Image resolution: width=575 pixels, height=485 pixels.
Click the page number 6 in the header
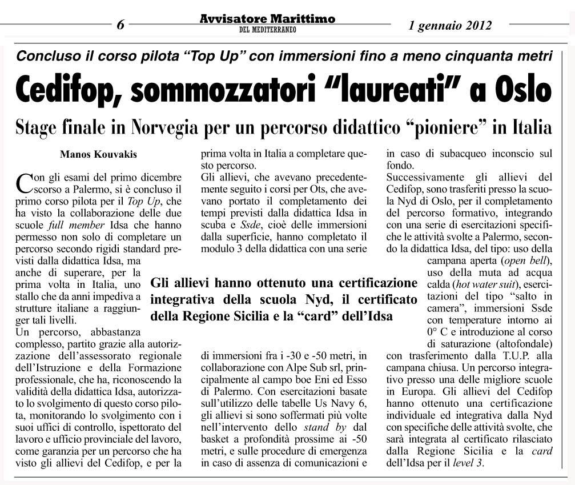point(120,25)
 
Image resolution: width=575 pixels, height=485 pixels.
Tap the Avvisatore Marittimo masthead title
point(267,19)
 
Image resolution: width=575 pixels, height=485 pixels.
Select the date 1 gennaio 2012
point(451,25)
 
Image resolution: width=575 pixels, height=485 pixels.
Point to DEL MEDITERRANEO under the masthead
point(267,30)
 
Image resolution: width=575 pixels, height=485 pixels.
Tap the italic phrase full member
point(81,225)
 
